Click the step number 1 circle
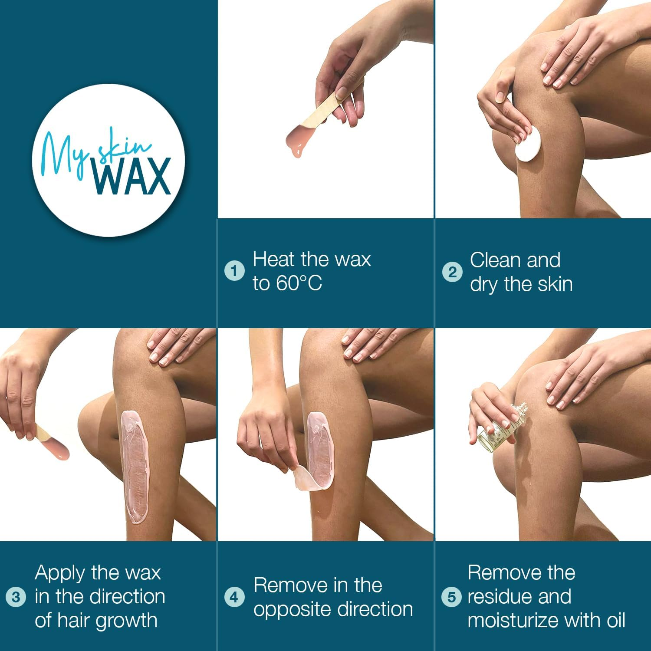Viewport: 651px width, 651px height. pos(234,272)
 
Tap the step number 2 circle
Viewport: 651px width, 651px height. pos(452,272)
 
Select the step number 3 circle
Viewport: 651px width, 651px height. pos(16,597)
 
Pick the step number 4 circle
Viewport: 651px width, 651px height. pos(234,597)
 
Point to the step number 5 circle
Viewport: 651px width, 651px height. pos(451,597)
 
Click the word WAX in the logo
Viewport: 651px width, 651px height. pos(132,177)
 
